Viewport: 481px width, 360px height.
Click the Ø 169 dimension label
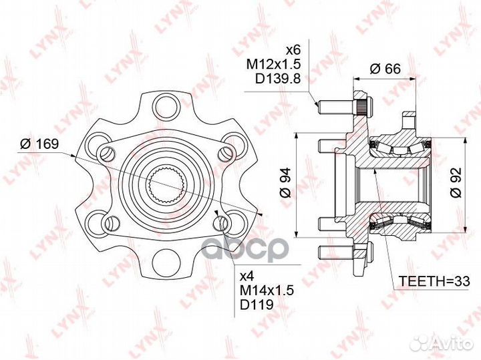coord(39,144)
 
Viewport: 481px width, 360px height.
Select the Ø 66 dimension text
coord(385,68)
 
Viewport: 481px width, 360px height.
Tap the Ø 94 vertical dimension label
coord(285,183)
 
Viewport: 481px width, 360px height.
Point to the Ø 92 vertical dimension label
coord(456,183)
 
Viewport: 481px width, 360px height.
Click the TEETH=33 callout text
coord(434,281)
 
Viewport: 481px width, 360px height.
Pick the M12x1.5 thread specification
coord(273,64)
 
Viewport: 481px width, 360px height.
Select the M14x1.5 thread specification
coord(267,290)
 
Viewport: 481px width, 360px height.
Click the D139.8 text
coord(277,79)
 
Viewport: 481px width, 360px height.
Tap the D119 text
coord(257,305)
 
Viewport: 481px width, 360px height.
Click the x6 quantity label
coord(293,49)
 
